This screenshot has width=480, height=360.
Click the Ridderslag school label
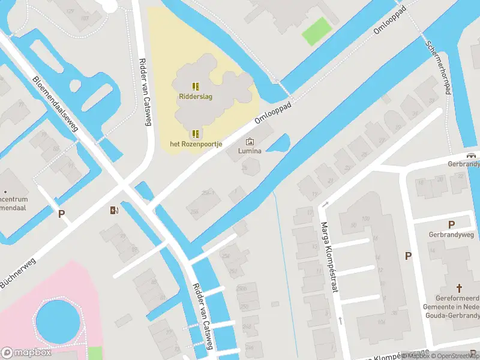[196, 96]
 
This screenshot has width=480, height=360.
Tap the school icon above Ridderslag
[196, 86]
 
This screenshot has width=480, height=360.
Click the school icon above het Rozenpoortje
[196, 133]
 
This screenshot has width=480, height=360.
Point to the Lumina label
[250, 152]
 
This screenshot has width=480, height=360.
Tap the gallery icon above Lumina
[250, 142]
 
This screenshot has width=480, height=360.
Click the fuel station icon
[114, 209]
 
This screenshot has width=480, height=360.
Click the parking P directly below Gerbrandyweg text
[451, 224]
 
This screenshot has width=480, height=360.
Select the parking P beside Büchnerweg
[61, 214]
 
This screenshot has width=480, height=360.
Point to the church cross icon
[460, 288]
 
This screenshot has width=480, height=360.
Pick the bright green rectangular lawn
[317, 31]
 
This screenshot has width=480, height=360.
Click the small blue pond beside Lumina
[278, 143]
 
